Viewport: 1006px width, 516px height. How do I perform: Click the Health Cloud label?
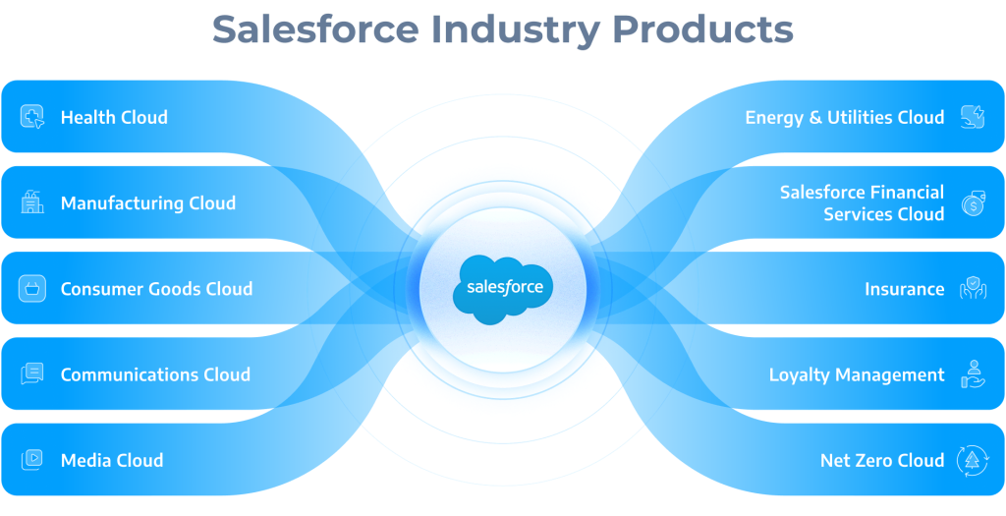pos(114,117)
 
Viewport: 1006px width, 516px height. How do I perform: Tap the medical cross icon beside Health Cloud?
pos(32,117)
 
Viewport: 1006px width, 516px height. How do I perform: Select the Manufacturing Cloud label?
pos(148,203)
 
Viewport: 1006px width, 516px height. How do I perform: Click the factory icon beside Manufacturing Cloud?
pos(32,202)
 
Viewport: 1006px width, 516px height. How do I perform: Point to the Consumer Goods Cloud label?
pos(156,289)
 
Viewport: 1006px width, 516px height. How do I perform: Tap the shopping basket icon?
pos(32,288)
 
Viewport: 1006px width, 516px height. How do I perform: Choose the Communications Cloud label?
pos(155,374)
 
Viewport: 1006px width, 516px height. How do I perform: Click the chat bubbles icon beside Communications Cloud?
pos(32,373)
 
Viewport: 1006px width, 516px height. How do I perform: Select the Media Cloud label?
pos(112,460)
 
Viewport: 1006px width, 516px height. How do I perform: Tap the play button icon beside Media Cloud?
pos(32,460)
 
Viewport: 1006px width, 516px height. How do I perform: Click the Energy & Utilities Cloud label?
pos(844,117)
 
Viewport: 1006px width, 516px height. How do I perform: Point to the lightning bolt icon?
pos(973,117)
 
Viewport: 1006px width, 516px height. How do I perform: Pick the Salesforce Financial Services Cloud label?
pos(862,202)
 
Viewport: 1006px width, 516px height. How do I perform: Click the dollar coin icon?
pos(973,203)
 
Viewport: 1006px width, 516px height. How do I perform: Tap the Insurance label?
pos(904,289)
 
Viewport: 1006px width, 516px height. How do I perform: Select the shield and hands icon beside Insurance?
pos(973,289)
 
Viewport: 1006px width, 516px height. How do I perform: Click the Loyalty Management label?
pos(857,374)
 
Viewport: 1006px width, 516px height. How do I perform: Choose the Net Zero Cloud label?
pos(882,460)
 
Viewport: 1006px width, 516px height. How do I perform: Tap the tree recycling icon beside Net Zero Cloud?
pos(973,460)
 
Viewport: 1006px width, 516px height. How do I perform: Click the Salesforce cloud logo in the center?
pos(502,289)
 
